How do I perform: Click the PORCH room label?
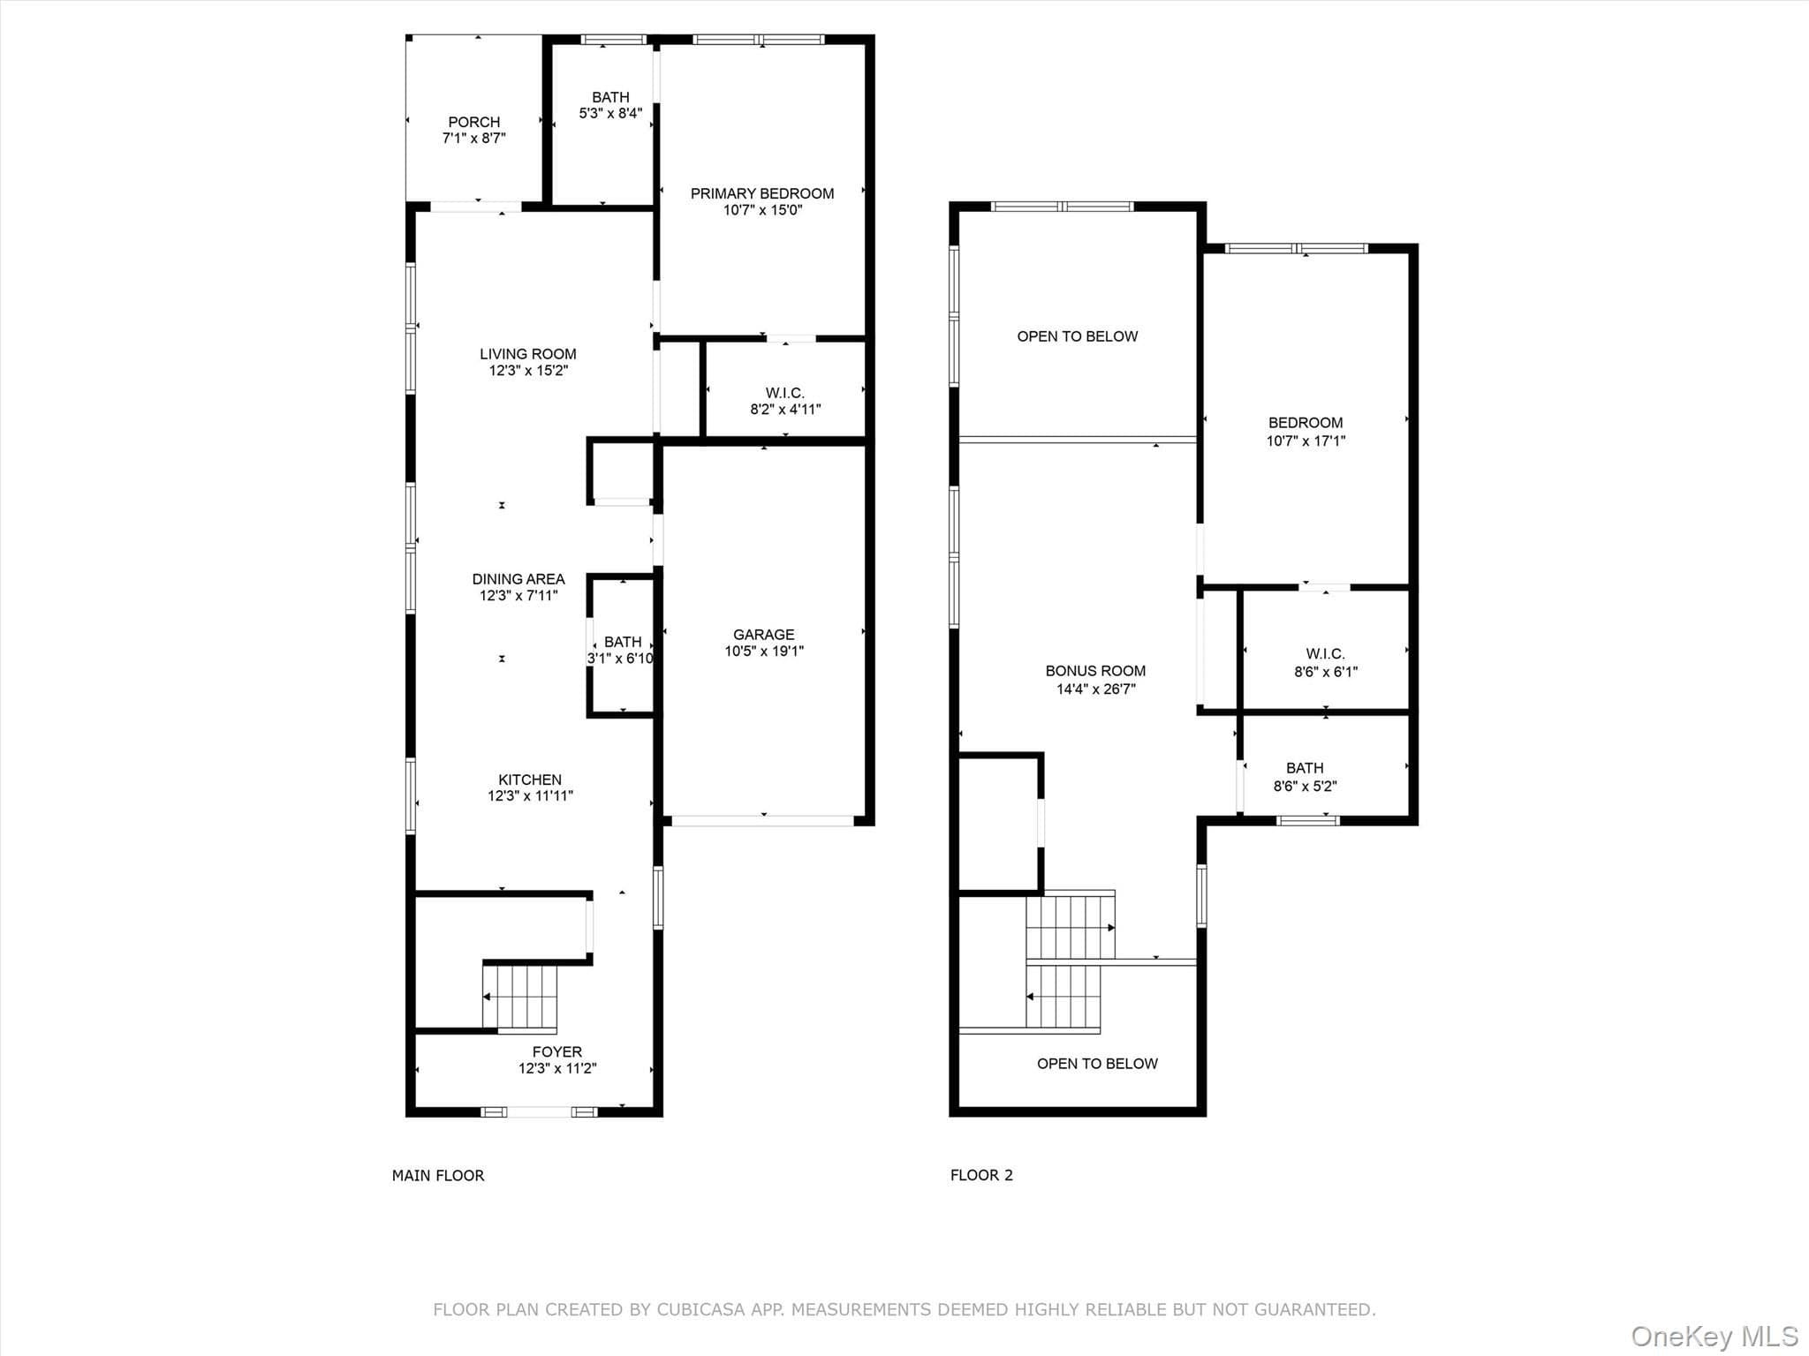474,122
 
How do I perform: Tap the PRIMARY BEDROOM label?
762,193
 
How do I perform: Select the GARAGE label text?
764,635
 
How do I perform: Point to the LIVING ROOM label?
528,354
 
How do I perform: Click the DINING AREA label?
518,579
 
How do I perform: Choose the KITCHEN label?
530,780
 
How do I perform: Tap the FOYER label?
557,1051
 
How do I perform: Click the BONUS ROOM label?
1095,671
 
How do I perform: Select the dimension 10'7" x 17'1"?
1306,441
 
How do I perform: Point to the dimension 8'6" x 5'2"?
1306,786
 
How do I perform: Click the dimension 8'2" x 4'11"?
785,410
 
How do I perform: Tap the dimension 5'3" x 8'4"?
610,113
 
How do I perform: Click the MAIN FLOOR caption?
438,1175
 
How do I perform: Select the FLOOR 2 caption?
981,1175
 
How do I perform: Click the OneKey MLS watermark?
1714,1336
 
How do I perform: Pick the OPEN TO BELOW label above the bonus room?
1078,336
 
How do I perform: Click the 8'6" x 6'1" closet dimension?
1326,672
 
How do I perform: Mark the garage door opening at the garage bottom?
763,821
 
